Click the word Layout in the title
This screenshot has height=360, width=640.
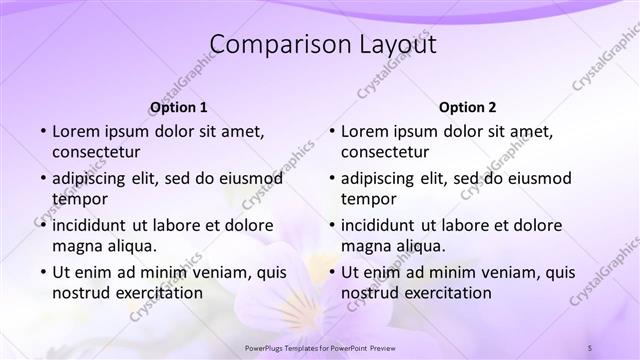point(394,45)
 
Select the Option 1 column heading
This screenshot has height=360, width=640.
point(179,107)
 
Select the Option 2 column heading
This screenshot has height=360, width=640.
point(467,107)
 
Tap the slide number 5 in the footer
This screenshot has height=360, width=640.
point(590,347)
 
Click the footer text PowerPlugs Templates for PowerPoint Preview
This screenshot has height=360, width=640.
point(319,347)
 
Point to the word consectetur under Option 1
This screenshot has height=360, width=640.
point(96,152)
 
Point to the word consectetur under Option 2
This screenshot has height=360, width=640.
point(385,152)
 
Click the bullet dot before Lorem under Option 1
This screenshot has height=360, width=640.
point(43,132)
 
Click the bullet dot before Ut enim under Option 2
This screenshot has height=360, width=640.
point(332,272)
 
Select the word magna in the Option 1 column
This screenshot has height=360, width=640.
point(76,245)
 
